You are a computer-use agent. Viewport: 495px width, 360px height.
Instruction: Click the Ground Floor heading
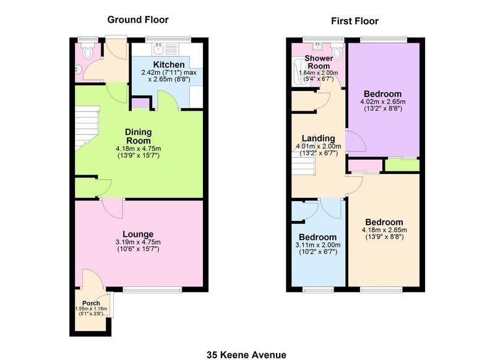138,20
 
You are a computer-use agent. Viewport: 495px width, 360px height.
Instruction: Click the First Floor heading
355,21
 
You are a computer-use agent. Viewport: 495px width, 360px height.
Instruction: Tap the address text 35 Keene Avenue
246,354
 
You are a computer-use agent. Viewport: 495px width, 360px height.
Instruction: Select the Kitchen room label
169,65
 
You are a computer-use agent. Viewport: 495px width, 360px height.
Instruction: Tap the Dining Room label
138,136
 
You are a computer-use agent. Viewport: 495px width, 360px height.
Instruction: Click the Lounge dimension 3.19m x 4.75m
138,242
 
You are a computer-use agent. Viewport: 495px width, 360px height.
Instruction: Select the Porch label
91,303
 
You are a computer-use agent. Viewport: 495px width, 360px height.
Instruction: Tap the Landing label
318,138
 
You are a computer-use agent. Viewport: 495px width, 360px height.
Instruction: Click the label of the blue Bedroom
317,238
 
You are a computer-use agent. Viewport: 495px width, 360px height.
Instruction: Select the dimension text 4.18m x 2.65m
384,230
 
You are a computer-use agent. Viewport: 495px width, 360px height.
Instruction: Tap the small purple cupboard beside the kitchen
140,103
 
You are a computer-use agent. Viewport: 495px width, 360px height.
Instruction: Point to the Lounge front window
152,289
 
